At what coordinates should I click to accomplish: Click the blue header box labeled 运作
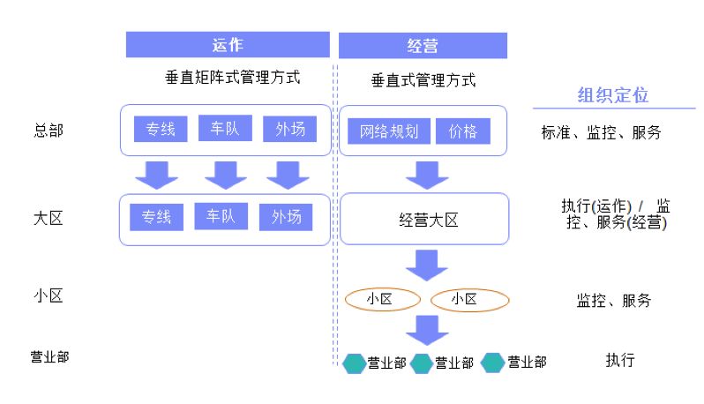coord(228,45)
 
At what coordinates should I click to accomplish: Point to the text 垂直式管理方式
coord(423,80)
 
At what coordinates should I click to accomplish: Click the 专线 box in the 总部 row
coord(160,130)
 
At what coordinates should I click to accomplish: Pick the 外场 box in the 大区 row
coord(286,217)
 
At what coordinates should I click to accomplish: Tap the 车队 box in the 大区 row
coord(221,216)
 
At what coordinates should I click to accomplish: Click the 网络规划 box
coord(388,132)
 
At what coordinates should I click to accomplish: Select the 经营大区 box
coord(424,220)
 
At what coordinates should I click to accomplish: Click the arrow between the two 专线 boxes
coord(159,175)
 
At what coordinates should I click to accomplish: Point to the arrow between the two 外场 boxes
coord(287,175)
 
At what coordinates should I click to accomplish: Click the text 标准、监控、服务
coord(601,133)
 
